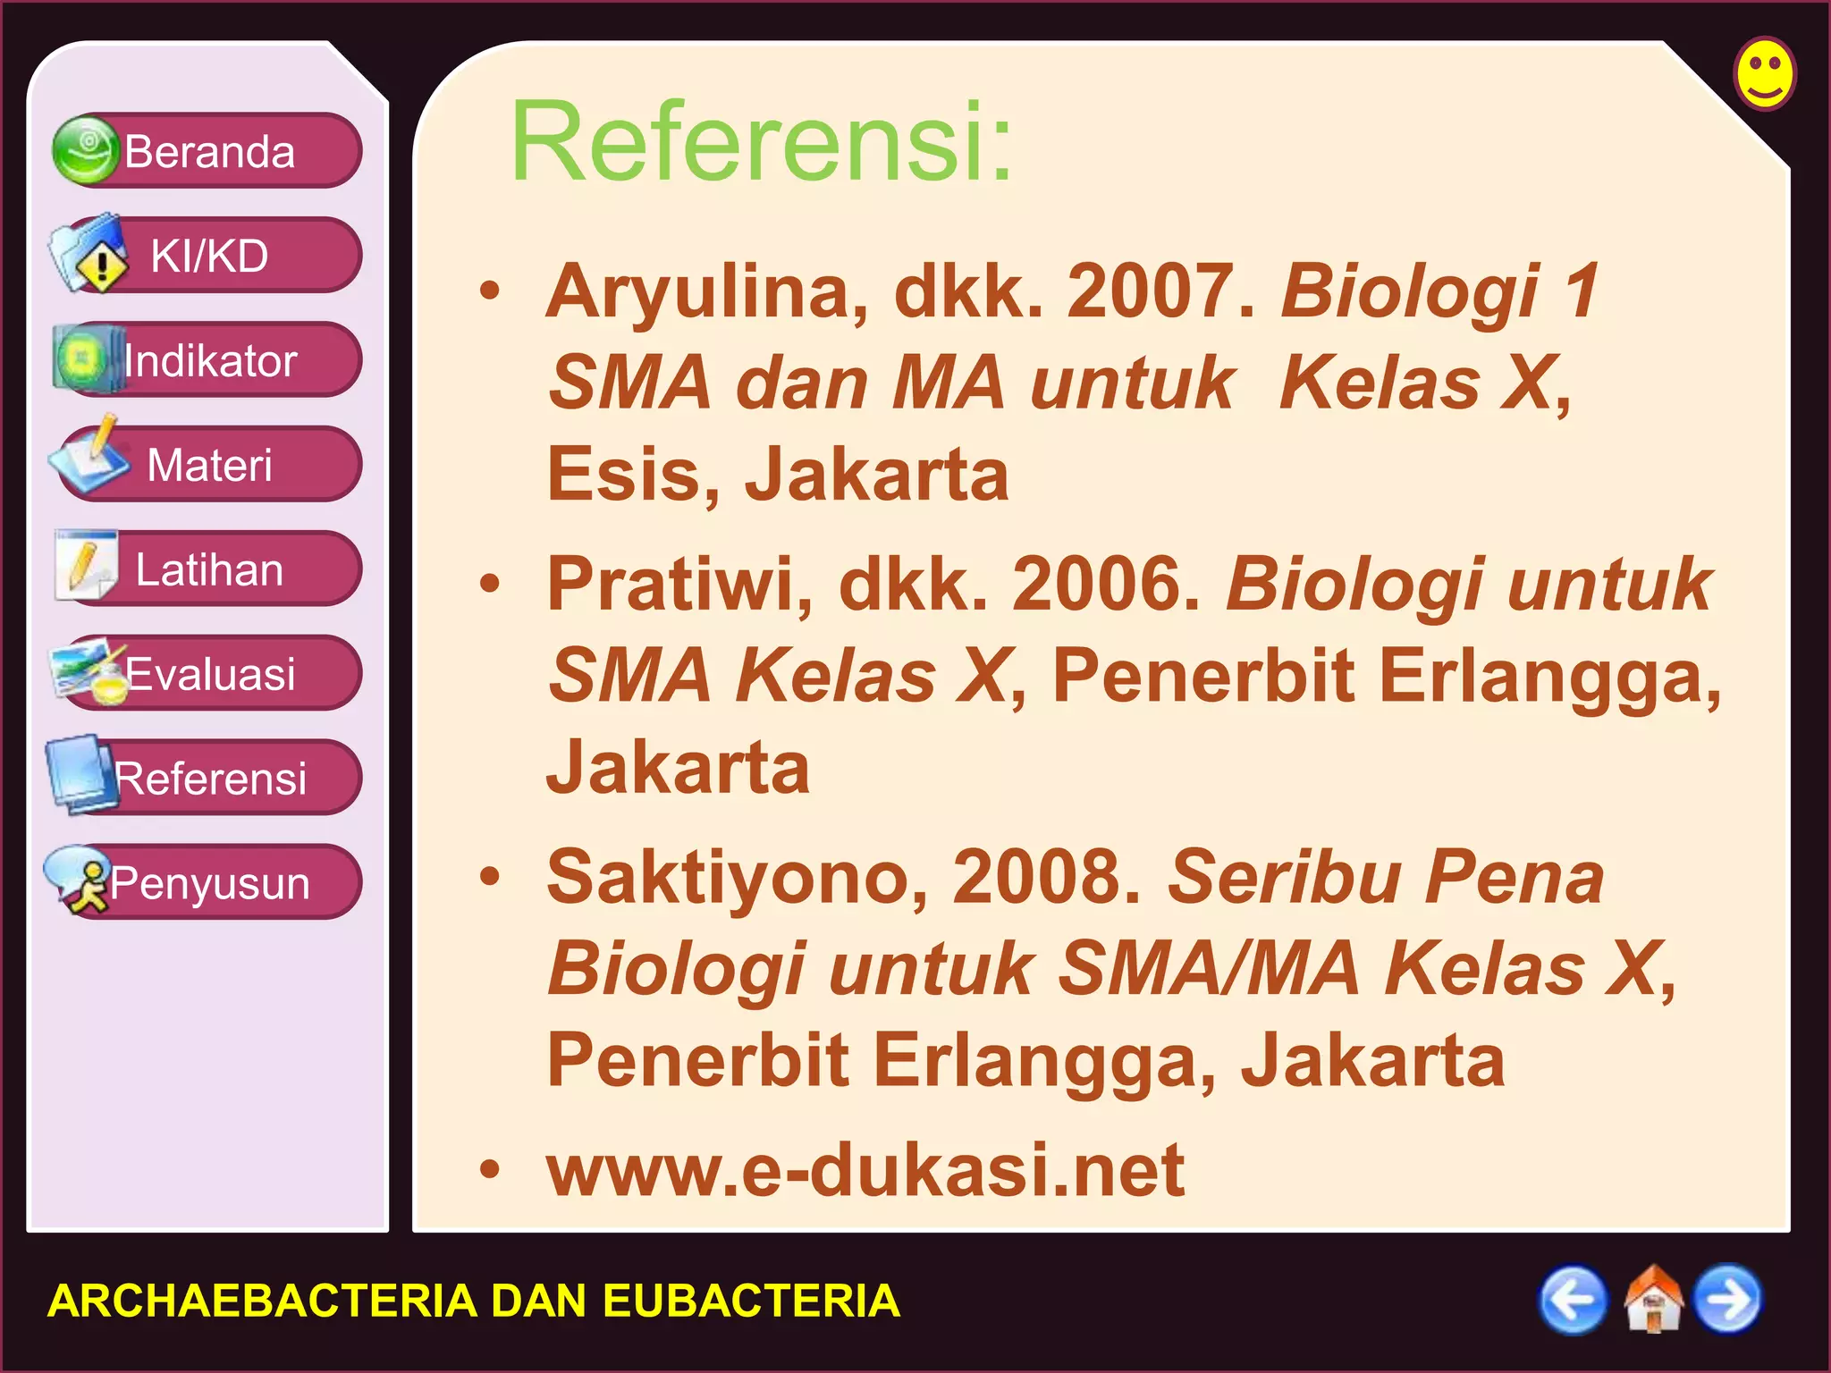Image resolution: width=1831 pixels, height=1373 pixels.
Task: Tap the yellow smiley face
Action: tap(1765, 73)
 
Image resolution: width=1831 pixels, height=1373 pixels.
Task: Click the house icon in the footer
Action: tap(1652, 1300)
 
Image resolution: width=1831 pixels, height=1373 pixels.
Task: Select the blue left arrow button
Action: tap(1573, 1300)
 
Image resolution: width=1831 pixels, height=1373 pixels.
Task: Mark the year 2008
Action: tap(1046, 878)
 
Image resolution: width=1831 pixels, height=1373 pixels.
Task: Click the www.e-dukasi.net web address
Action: tap(865, 1170)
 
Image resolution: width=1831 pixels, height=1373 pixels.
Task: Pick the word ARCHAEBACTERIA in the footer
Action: tap(261, 1301)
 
